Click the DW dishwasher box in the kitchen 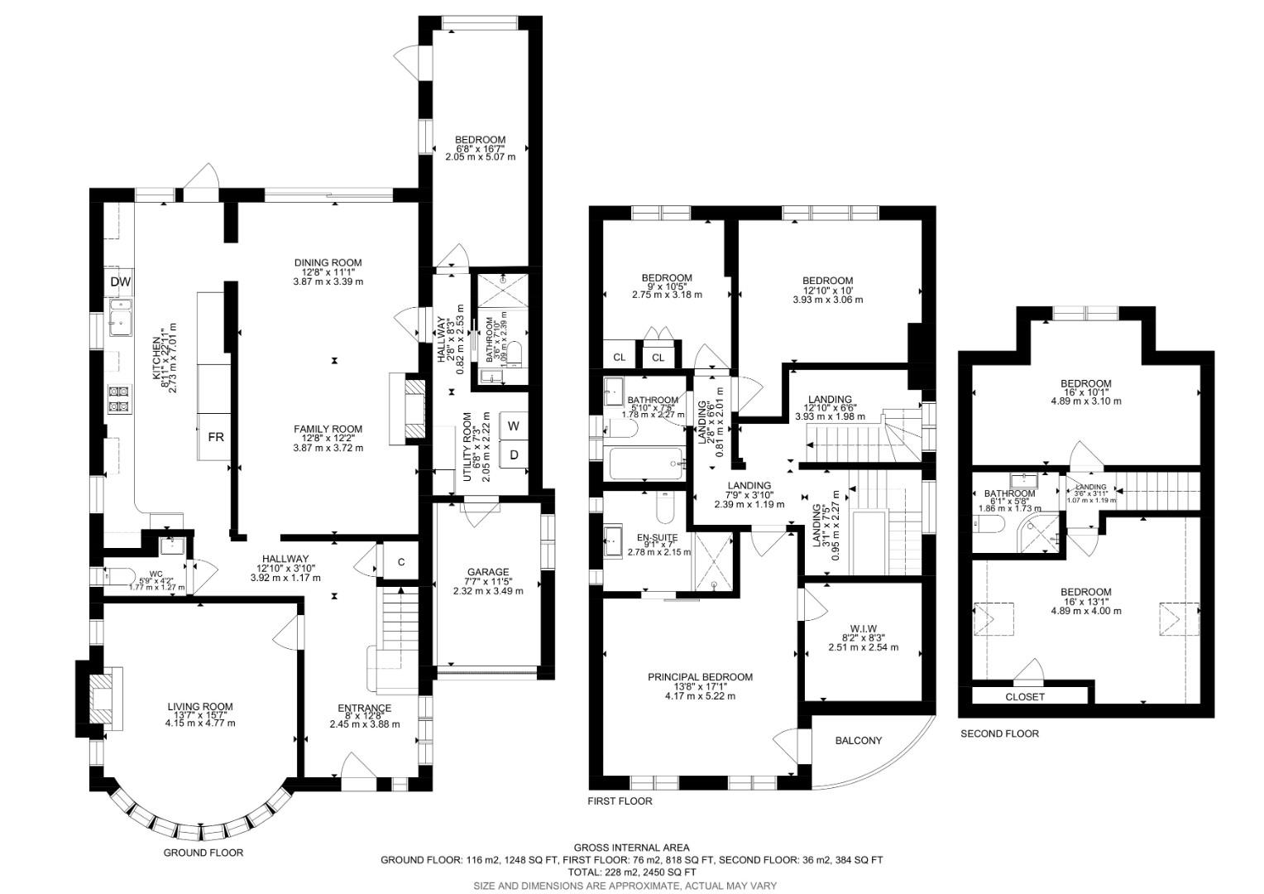(121, 282)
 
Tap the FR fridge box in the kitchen (215, 436)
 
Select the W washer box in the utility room (514, 426)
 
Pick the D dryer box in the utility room (514, 454)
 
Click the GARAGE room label (487, 572)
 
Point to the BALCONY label (858, 740)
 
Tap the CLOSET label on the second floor (1025, 697)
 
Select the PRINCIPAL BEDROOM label (700, 677)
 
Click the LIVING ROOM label (200, 707)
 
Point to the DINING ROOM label (328, 263)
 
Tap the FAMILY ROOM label (328, 429)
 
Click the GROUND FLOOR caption (203, 852)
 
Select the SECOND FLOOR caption (999, 733)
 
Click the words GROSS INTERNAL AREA (631, 848)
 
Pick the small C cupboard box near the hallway (401, 563)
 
